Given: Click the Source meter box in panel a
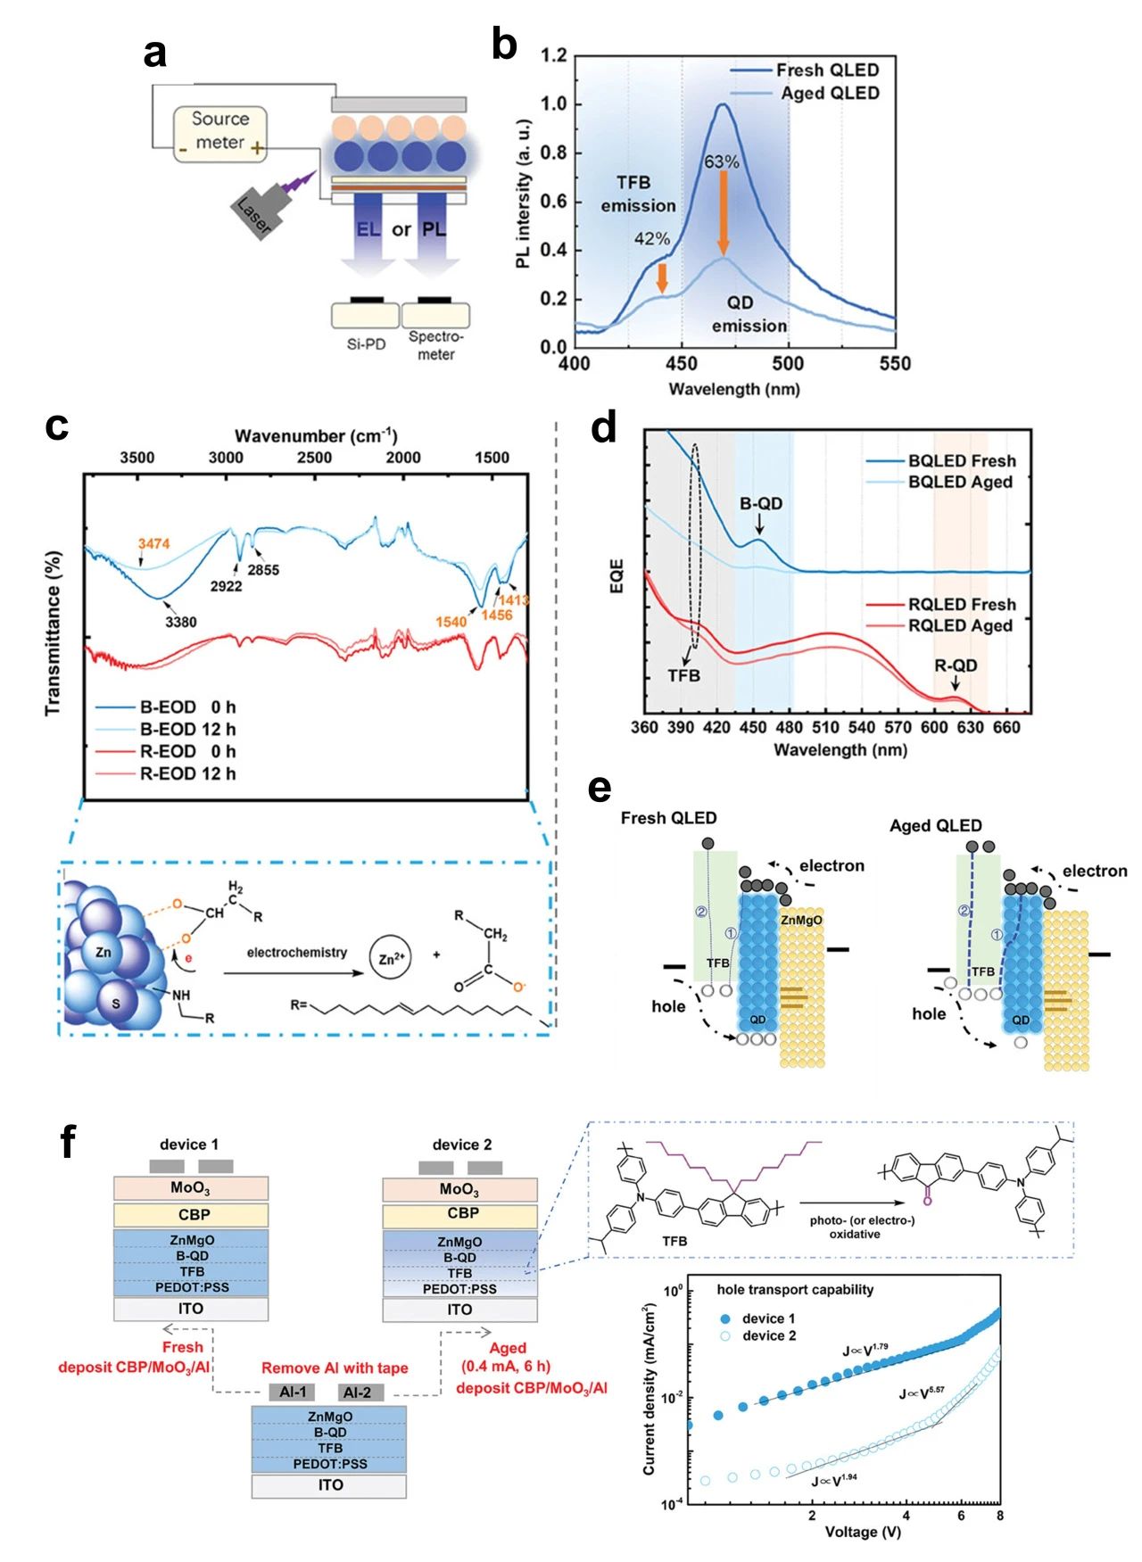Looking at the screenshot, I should click(x=219, y=132).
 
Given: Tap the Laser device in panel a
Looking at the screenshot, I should click(x=256, y=213).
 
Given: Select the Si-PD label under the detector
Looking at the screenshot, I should click(x=366, y=344).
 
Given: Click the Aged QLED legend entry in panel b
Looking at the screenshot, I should click(x=829, y=94).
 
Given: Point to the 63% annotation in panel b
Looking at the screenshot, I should click(x=721, y=162).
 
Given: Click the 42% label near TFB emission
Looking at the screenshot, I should click(x=651, y=239).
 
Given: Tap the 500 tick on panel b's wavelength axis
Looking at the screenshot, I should click(x=788, y=363).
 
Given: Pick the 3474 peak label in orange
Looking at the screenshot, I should click(x=153, y=543).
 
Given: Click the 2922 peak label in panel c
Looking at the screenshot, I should click(x=226, y=586).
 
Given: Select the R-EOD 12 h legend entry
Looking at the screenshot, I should click(x=187, y=773).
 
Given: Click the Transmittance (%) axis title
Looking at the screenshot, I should click(x=54, y=633).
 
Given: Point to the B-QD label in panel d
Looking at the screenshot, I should click(x=761, y=504).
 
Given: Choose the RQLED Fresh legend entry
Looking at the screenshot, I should click(x=962, y=605).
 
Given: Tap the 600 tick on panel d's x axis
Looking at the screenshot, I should click(x=933, y=728).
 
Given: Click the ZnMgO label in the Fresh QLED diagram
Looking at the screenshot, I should click(x=801, y=920).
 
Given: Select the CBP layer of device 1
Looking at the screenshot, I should click(x=191, y=1214).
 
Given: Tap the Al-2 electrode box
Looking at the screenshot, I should click(x=358, y=1392).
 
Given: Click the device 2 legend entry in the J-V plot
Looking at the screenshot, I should click(x=768, y=1335).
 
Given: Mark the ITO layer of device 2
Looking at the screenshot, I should click(x=459, y=1310).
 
